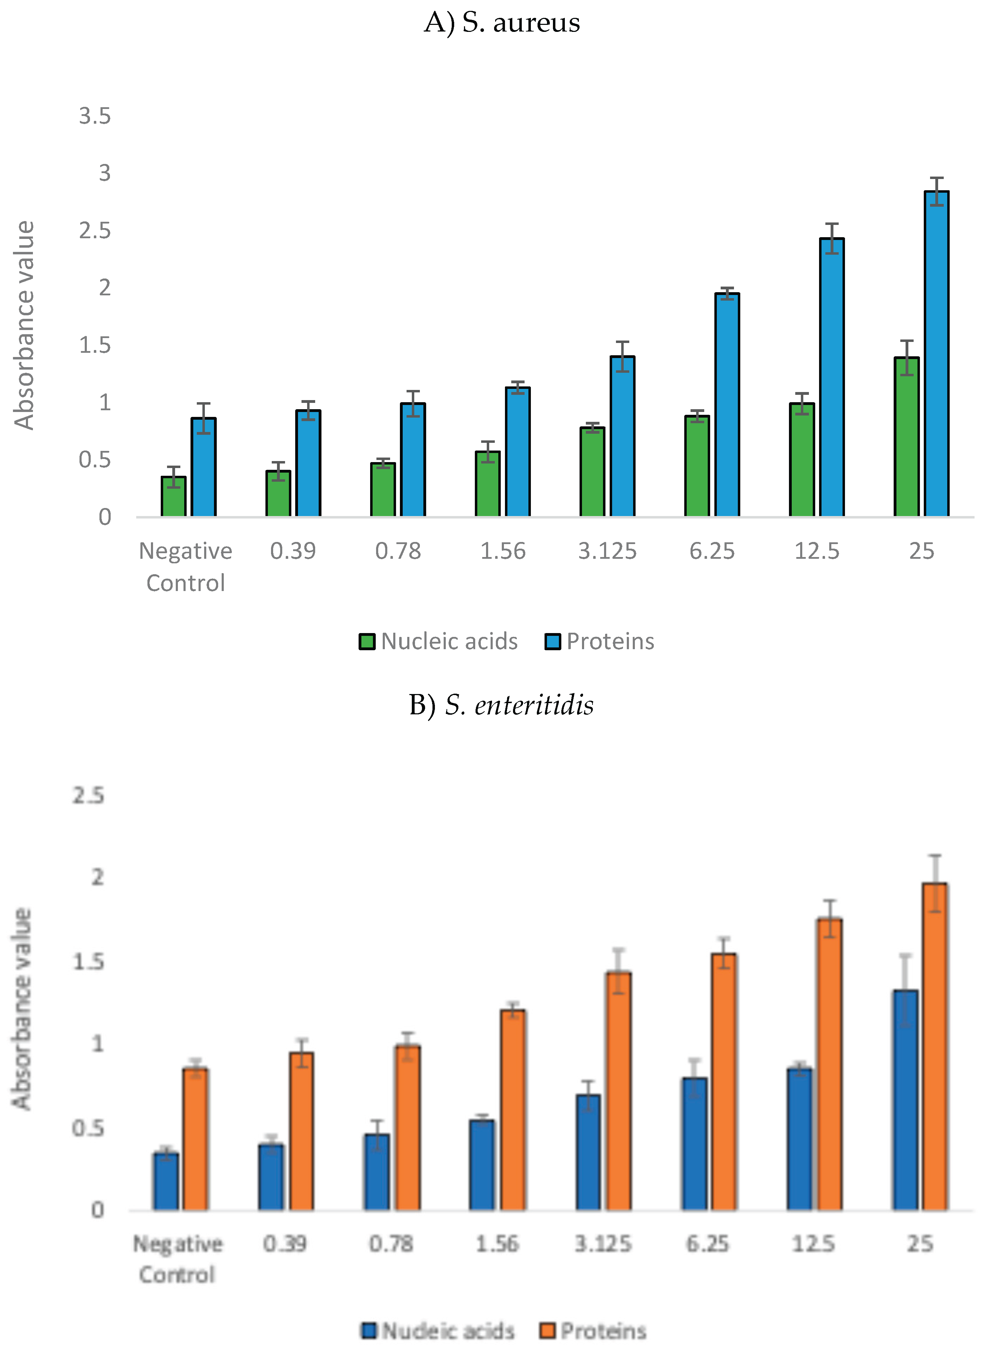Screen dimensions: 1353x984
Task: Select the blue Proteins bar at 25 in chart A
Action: pos(936,358)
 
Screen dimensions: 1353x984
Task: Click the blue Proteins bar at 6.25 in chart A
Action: pos(727,406)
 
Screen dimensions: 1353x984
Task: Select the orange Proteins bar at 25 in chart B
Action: pos(935,1050)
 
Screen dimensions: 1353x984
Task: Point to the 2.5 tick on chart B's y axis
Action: pos(88,795)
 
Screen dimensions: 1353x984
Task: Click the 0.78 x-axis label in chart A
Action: pos(398,551)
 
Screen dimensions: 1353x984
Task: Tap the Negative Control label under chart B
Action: pos(177,1259)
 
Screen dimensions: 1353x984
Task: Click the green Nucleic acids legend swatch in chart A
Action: pos(367,641)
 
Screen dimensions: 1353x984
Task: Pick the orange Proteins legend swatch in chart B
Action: pos(547,1330)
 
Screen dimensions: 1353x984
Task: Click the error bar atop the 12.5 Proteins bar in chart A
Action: pos(832,238)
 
